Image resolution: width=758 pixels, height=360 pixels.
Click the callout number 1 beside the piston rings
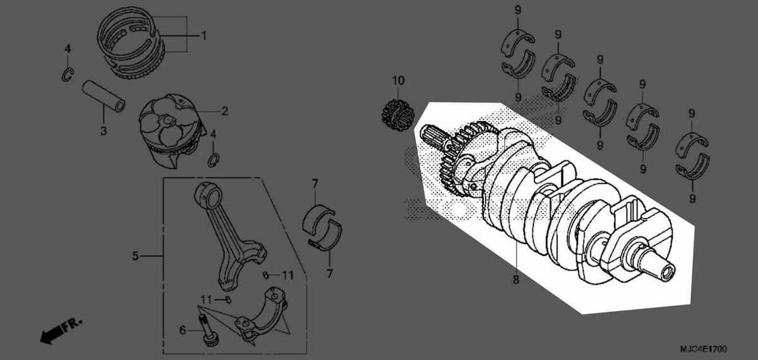point(203,35)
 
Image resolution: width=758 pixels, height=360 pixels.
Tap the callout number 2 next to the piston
point(225,111)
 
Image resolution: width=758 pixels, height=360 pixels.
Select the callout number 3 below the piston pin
point(104,131)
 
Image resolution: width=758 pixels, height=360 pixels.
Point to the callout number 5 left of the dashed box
point(135,256)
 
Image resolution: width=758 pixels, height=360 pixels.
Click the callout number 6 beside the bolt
point(183,330)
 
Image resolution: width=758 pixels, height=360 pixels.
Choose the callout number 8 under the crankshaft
point(515,280)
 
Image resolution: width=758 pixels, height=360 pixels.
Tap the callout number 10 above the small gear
point(399,81)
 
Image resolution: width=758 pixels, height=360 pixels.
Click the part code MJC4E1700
point(704,349)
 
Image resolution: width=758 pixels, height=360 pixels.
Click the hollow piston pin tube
point(103,96)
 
